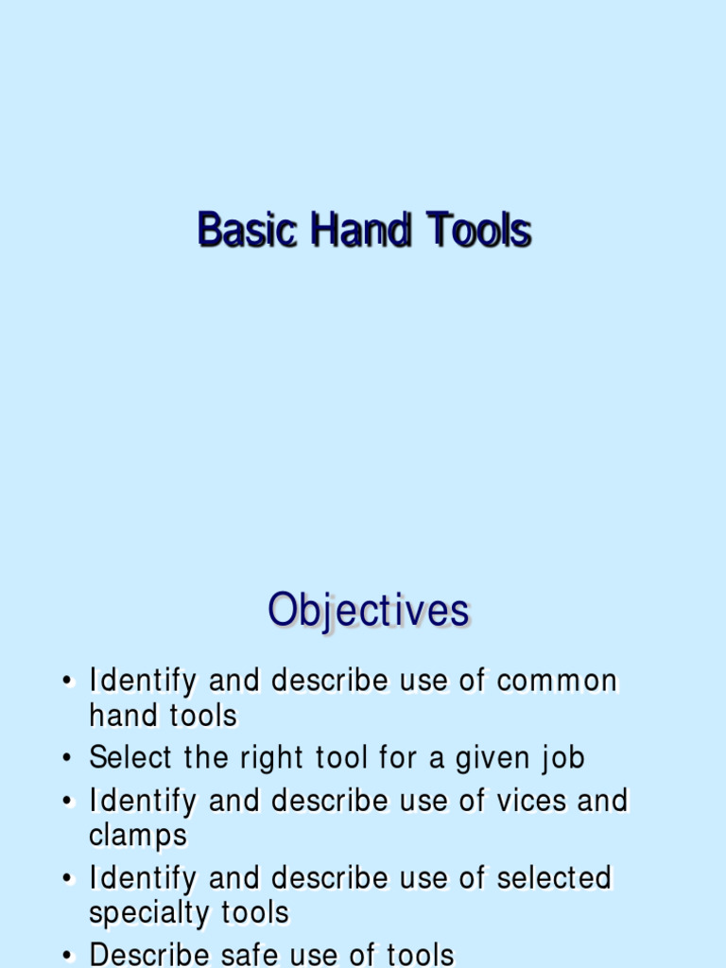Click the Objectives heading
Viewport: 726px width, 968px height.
368,611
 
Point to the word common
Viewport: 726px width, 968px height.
557,681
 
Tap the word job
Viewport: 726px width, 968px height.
563,759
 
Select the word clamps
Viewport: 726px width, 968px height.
138,837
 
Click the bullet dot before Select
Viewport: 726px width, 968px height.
67,759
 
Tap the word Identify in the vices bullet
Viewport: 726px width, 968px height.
143,802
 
